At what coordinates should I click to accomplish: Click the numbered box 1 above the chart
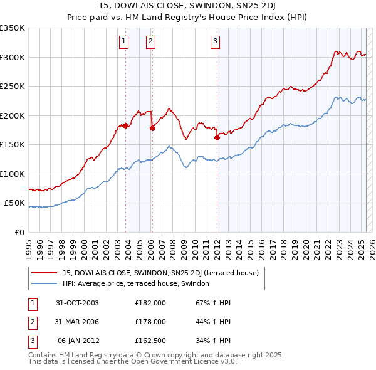tap(124, 42)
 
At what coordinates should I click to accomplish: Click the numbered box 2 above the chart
tap(151, 42)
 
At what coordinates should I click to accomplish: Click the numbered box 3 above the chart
tap(215, 42)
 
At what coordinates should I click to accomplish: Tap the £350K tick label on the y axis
tap(13, 28)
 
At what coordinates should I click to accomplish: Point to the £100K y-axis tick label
tap(13, 174)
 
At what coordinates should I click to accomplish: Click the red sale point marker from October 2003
tap(126, 125)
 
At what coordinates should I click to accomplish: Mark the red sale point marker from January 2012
tap(217, 138)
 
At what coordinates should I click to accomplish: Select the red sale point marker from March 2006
tap(152, 128)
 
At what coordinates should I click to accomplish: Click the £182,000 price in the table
tap(150, 303)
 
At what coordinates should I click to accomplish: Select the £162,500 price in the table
tap(150, 341)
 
